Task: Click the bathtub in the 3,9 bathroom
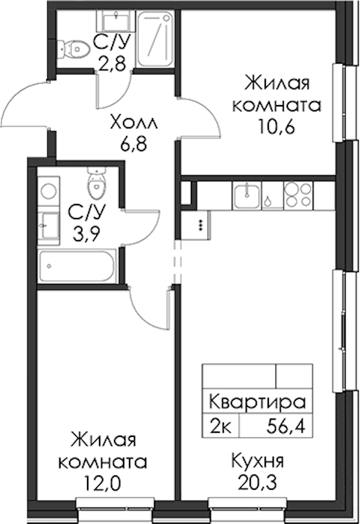tap(77, 267)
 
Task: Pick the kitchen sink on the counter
tap(247, 196)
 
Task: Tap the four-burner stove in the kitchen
tap(299, 196)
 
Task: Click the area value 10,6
tap(276, 127)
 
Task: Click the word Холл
tap(134, 123)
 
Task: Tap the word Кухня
tap(257, 461)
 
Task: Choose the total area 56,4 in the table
tap(286, 426)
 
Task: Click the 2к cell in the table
tap(220, 426)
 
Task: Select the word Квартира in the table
tap(257, 402)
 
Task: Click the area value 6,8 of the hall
tap(133, 145)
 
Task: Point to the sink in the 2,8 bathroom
tap(116, 20)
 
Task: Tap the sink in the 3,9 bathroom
tap(49, 226)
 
